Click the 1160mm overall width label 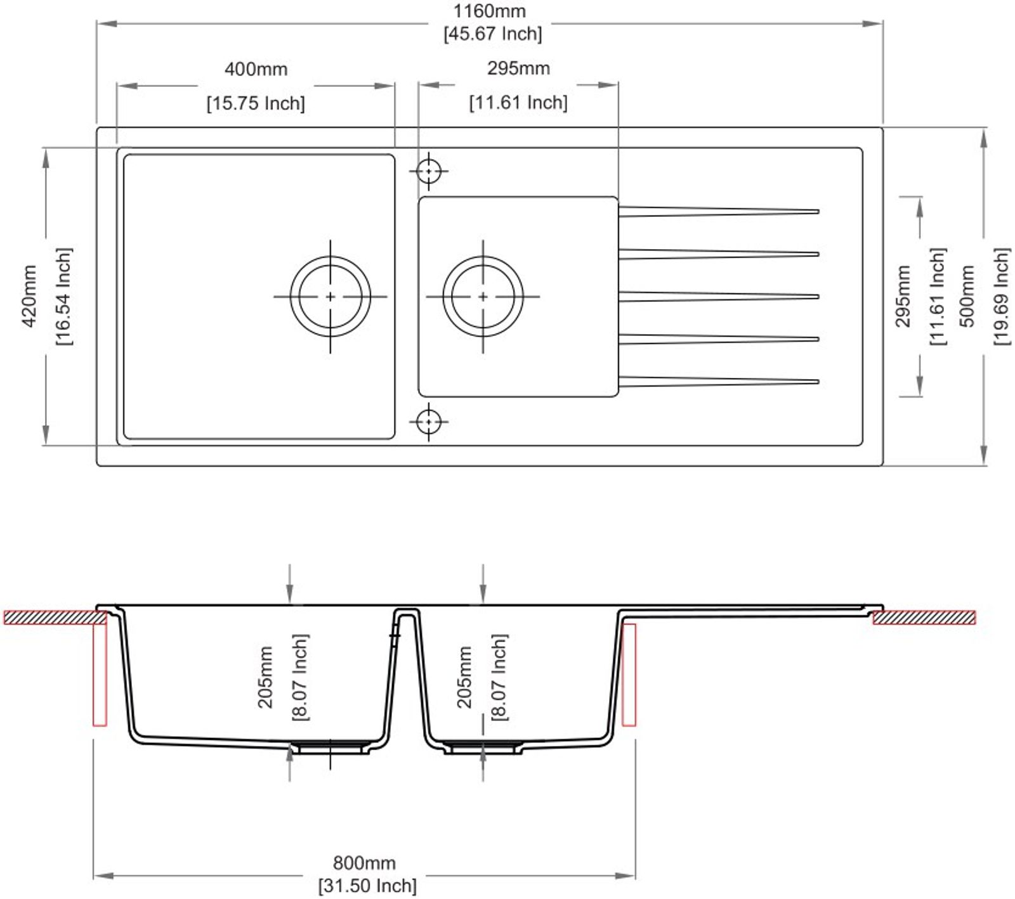pyautogui.click(x=489, y=11)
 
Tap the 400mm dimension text pyautogui.click(x=256, y=68)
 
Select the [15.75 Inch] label pyautogui.click(x=256, y=103)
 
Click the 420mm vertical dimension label pyautogui.click(x=29, y=296)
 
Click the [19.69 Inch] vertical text pyautogui.click(x=1002, y=296)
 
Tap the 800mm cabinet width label pyautogui.click(x=364, y=863)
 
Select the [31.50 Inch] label pyautogui.click(x=367, y=885)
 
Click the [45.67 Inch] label pyautogui.click(x=493, y=33)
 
